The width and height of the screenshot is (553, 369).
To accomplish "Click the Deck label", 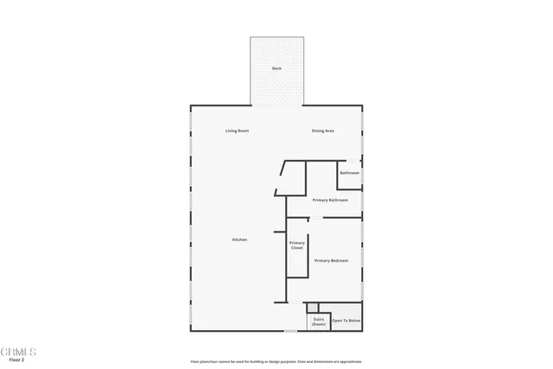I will tap(276, 68).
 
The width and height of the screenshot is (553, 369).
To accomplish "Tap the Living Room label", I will tap(237, 131).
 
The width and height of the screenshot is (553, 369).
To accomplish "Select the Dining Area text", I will tap(323, 131).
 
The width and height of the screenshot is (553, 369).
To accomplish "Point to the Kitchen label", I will tap(239, 239).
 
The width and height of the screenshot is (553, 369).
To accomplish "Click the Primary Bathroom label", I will tap(330, 200).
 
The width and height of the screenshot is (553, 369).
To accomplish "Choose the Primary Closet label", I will tap(296, 245).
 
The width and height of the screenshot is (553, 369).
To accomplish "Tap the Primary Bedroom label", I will tap(331, 260).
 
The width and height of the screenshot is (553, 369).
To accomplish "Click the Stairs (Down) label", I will tap(318, 321).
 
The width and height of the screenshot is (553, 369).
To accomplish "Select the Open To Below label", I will tap(346, 321).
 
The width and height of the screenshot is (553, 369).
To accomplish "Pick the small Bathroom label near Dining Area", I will tap(349, 173).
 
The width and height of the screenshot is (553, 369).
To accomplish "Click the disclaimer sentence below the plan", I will tap(276, 361).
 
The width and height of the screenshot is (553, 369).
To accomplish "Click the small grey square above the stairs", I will tap(312, 307).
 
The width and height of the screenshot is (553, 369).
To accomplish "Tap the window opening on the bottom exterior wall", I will tap(291, 330).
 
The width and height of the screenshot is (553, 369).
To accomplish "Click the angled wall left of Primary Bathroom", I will tap(277, 185).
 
